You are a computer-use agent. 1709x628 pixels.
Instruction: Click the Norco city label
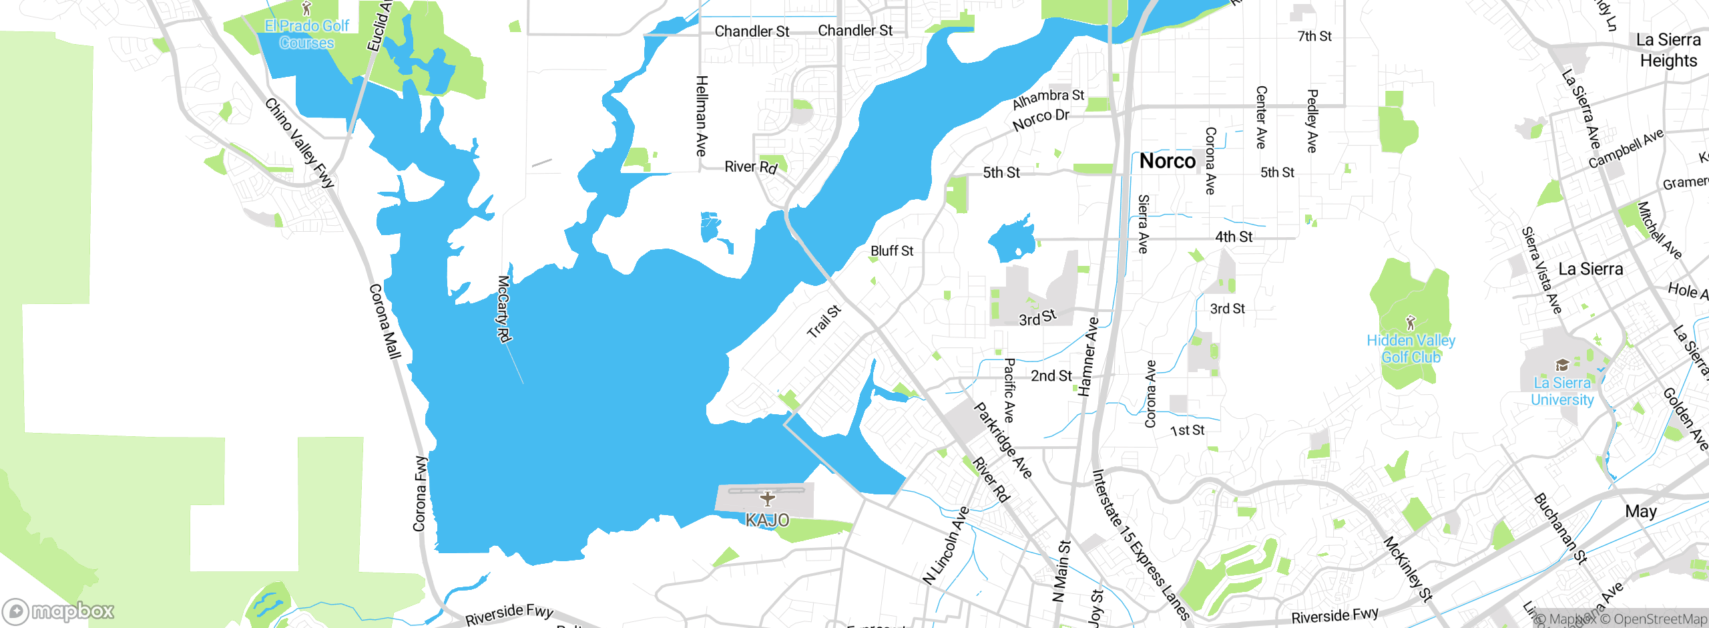(x=1167, y=161)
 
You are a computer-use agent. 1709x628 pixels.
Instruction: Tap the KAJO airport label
(x=767, y=520)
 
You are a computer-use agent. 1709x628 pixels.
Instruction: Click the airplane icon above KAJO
(x=768, y=498)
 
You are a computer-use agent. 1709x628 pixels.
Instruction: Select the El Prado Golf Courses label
(x=307, y=35)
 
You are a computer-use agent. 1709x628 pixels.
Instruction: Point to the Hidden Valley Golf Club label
(x=1411, y=349)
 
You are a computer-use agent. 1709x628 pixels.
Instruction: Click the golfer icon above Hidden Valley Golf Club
(x=1410, y=323)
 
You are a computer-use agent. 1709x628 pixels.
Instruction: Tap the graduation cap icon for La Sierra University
(x=1562, y=365)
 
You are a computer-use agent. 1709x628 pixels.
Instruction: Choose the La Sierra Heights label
(x=1668, y=50)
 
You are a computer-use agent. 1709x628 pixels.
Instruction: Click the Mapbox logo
(x=59, y=611)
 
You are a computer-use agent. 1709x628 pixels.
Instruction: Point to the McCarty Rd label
(x=505, y=309)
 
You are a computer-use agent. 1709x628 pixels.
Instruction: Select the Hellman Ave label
(x=701, y=116)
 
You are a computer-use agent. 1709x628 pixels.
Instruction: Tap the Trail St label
(x=824, y=321)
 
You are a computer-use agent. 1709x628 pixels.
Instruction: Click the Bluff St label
(x=891, y=251)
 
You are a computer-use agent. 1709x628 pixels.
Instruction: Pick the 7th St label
(x=1314, y=36)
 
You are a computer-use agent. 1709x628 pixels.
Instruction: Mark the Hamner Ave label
(x=1088, y=357)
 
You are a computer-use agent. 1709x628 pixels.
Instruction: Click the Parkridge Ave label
(x=1003, y=440)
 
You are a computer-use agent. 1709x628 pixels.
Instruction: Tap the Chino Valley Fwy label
(x=299, y=143)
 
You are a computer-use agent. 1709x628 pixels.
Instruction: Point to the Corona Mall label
(x=385, y=321)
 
